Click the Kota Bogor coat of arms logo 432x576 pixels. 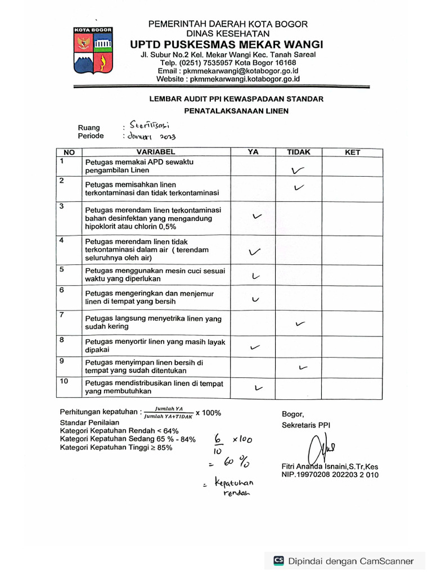[x=93, y=52]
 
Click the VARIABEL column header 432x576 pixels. [x=156, y=152]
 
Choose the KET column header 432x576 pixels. [x=352, y=152]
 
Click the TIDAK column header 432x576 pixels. [x=299, y=152]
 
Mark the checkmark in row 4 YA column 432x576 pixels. [x=254, y=253]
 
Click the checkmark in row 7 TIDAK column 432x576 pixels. [x=300, y=323]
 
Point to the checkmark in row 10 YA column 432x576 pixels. [x=258, y=388]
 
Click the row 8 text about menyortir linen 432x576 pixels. [x=155, y=345]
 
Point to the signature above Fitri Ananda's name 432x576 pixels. [x=318, y=449]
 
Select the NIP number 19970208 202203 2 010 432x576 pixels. [x=330, y=475]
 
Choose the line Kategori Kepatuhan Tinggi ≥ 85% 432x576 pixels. [x=116, y=448]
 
